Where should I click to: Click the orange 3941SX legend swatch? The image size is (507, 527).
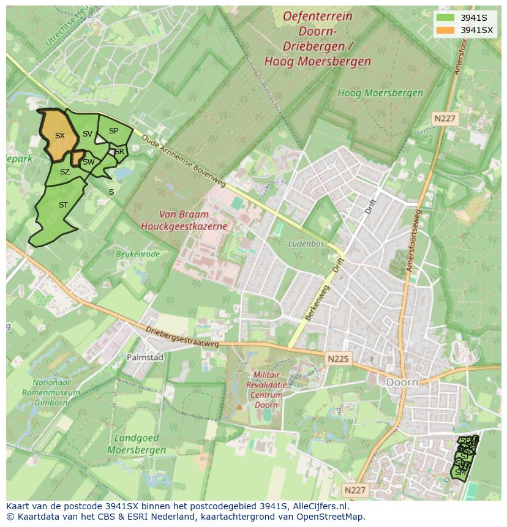pyautogui.click(x=446, y=30)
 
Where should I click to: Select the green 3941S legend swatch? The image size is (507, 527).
pyautogui.click(x=446, y=17)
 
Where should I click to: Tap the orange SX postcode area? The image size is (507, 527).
pyautogui.click(x=59, y=136)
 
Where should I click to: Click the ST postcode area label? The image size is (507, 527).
pyautogui.click(x=63, y=205)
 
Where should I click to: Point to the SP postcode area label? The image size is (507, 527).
pyautogui.click(x=113, y=131)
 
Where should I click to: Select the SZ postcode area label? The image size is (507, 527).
pyautogui.click(x=65, y=172)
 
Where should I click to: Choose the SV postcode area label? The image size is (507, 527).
pyautogui.click(x=88, y=134)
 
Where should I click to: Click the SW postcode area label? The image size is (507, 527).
pyautogui.click(x=89, y=162)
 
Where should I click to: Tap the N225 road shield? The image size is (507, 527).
pyautogui.click(x=338, y=359)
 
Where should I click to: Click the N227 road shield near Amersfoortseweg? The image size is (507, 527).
pyautogui.click(x=445, y=118)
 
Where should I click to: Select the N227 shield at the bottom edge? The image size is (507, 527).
pyautogui.click(x=355, y=490)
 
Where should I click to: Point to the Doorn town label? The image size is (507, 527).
pyautogui.click(x=402, y=382)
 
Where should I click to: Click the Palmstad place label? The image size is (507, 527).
pyautogui.click(x=145, y=357)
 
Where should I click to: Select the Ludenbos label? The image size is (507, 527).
pyautogui.click(x=306, y=244)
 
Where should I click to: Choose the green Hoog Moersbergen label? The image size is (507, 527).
pyautogui.click(x=380, y=93)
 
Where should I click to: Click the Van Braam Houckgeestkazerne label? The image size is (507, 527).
pyautogui.click(x=184, y=220)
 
